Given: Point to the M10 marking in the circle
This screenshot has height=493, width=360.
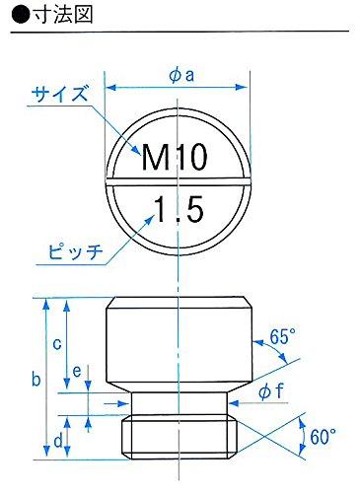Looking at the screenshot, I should tap(178, 157).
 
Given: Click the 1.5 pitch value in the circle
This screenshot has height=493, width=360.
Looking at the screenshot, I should tap(178, 209).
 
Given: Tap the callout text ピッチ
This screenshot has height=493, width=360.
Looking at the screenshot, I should tap(76, 253).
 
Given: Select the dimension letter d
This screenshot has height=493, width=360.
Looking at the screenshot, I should tap(58, 440).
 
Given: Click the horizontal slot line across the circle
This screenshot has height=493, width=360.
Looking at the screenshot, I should tap(178, 182).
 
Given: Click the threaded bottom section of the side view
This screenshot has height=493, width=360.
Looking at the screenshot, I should tap(179, 435).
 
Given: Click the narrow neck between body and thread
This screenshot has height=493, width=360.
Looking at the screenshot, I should tap(179, 402).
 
